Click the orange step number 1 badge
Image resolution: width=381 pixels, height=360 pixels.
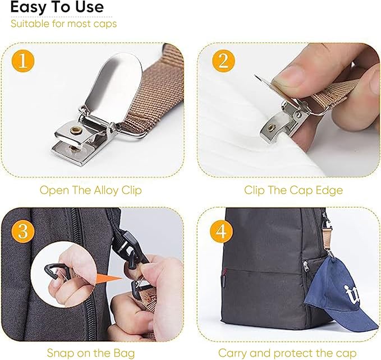point(23,61)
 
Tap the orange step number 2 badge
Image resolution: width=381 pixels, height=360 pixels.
point(223,61)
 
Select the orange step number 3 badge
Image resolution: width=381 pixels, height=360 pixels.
point(23,231)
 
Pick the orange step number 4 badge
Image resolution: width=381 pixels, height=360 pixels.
point(221,231)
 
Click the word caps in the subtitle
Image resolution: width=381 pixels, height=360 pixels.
point(105,24)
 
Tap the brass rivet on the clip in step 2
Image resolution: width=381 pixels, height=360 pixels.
point(272,126)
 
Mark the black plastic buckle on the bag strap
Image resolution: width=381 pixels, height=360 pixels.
point(129,245)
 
